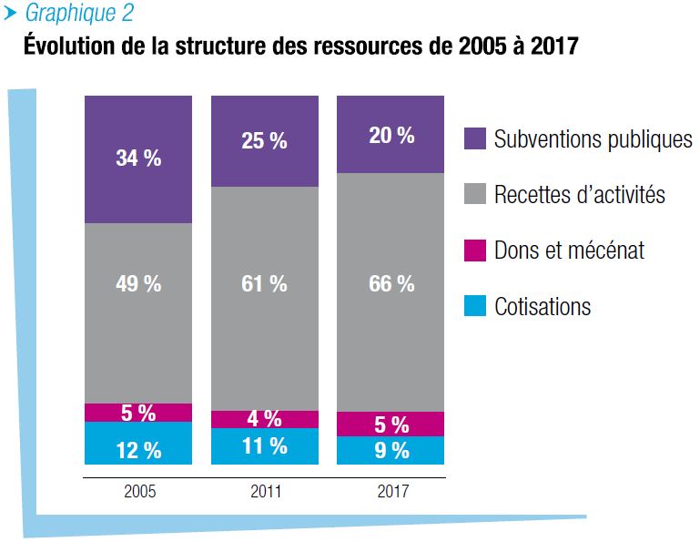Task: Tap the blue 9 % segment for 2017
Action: click(x=391, y=451)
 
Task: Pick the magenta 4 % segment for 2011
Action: click(x=265, y=419)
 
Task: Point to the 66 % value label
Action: click(x=391, y=283)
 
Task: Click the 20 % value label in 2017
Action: click(x=391, y=136)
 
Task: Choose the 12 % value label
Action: click(x=138, y=449)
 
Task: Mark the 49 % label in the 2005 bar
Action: click(x=138, y=283)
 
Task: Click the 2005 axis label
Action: click(x=139, y=492)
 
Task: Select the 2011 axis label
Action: click(x=266, y=492)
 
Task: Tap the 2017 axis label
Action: click(x=392, y=492)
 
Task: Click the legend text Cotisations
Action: click(x=543, y=306)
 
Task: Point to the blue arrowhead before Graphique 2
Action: click(x=11, y=13)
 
